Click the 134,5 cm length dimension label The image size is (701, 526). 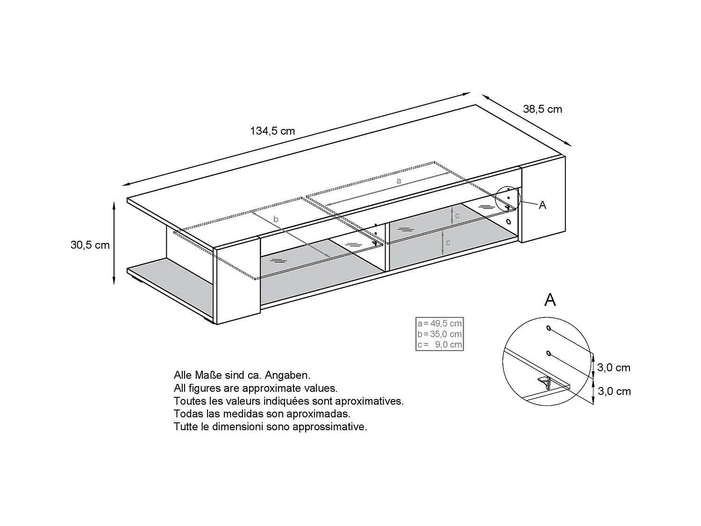click(x=272, y=131)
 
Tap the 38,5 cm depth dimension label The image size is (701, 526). click(x=542, y=109)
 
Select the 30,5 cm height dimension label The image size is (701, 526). click(x=90, y=245)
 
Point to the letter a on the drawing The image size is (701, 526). click(x=398, y=180)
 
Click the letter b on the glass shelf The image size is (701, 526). click(x=276, y=219)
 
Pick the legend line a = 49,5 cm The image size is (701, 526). click(x=439, y=324)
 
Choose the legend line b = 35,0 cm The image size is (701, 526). click(x=439, y=334)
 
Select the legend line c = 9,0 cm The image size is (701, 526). click(x=439, y=345)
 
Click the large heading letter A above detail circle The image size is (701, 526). click(x=550, y=300)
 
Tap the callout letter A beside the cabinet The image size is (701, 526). click(x=542, y=205)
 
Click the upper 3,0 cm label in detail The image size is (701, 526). click(x=614, y=368)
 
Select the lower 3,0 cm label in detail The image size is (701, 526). click(x=614, y=392)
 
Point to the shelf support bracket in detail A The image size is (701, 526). click(x=545, y=381)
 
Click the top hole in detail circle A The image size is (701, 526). click(x=549, y=329)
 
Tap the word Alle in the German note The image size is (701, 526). click(x=183, y=375)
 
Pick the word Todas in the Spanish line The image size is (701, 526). click(x=186, y=414)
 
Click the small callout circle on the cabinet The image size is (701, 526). click(x=508, y=198)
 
